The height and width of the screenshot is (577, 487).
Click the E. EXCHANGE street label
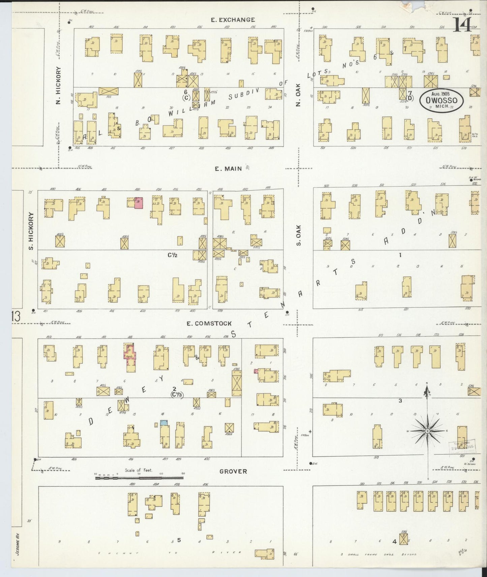coord(233,20)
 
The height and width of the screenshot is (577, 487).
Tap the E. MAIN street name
coord(229,168)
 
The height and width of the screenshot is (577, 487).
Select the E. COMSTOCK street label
coord(209,324)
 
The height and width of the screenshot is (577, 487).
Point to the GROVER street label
coord(233,471)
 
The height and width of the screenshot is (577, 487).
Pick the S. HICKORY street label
coord(31,231)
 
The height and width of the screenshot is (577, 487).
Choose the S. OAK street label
coord(299,236)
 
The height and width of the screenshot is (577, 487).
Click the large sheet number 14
coord(462,24)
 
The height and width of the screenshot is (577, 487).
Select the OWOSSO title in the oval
coord(442,100)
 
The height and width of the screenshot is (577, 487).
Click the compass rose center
coord(427,431)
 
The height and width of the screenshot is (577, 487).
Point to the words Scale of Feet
coord(138,470)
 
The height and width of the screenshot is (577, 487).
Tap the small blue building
coord(164,422)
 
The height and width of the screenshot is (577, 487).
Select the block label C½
coord(173,255)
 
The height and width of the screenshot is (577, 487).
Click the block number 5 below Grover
coord(179,540)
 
